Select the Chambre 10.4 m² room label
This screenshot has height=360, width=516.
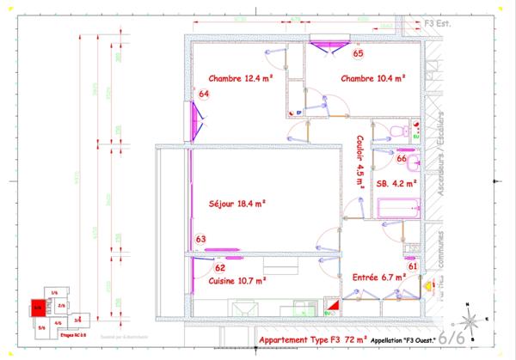click(373, 78)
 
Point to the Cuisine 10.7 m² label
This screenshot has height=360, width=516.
click(236, 280)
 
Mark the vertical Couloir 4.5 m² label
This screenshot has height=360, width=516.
click(359, 161)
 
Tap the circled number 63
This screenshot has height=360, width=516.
click(200, 239)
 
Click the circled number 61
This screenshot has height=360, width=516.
click(413, 266)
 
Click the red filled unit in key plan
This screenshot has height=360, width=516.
click(39, 307)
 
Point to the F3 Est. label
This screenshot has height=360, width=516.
click(436, 25)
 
